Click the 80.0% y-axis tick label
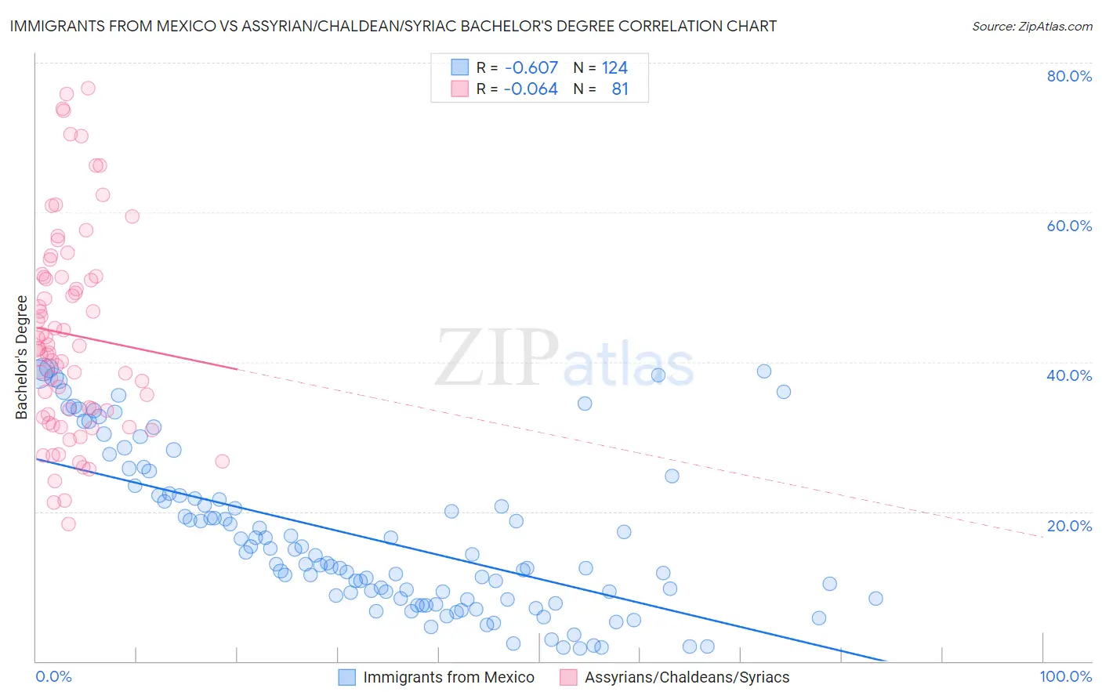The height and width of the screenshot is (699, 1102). click(x=1069, y=76)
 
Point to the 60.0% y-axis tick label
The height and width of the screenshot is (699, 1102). click(x=1069, y=226)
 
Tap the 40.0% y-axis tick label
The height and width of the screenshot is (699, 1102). click(x=1069, y=375)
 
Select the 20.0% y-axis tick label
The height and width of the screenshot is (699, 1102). click(x=1069, y=526)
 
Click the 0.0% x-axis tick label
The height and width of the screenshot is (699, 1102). click(x=53, y=676)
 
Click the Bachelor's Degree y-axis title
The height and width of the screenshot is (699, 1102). click(x=22, y=357)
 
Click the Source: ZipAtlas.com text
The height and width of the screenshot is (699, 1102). click(x=1031, y=27)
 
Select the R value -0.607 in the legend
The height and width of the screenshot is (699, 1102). click(x=531, y=67)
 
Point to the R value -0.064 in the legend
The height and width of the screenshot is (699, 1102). click(x=531, y=89)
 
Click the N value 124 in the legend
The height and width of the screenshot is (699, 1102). click(x=614, y=67)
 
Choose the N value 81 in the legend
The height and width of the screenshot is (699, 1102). click(x=620, y=89)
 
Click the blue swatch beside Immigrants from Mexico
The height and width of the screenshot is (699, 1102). click(x=346, y=677)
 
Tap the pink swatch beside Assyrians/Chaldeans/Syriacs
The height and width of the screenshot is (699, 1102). click(x=568, y=677)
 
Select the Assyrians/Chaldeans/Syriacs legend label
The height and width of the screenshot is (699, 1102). click(x=687, y=677)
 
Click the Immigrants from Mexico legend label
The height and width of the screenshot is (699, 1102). click(x=448, y=677)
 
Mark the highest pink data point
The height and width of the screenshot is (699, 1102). click(x=88, y=88)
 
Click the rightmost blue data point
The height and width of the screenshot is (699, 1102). click(x=875, y=599)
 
